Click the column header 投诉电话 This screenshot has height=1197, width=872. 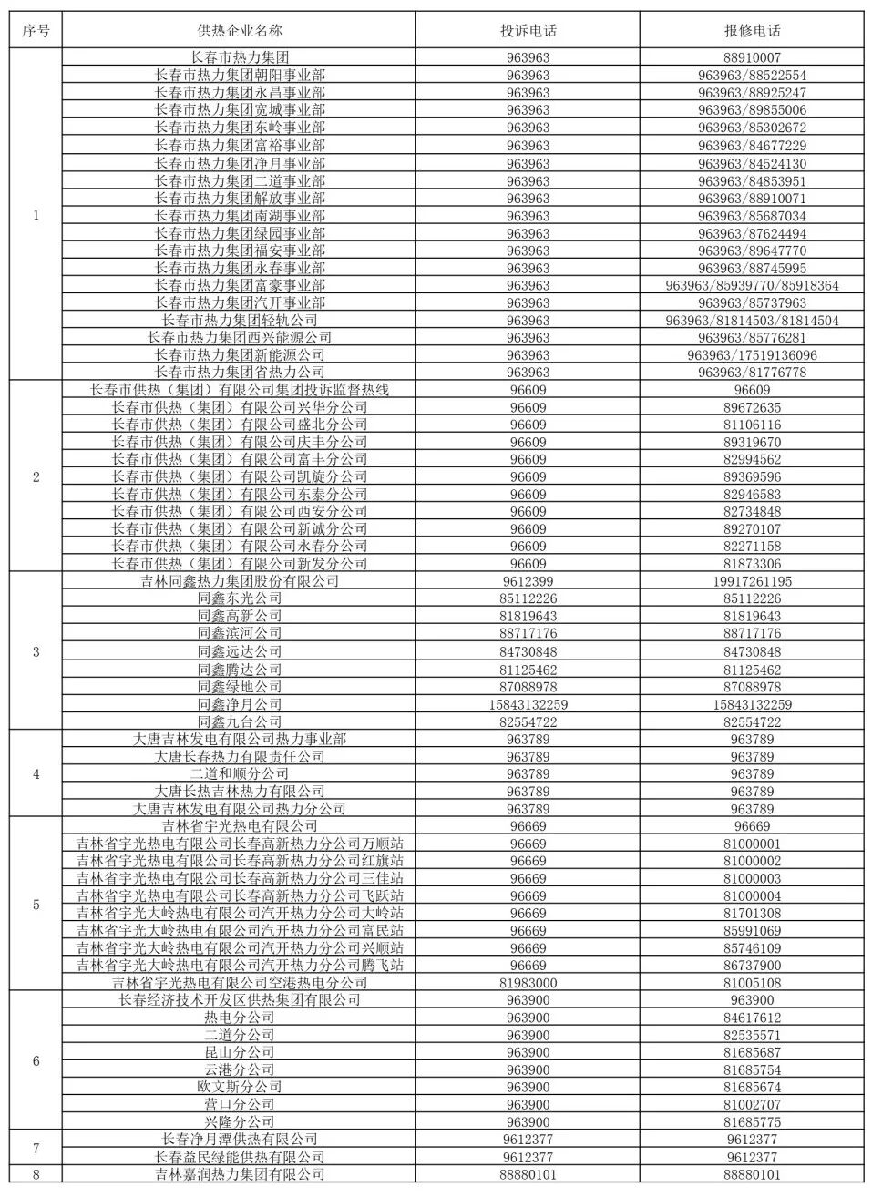click(x=528, y=30)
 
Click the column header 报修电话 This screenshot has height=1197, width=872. click(x=752, y=30)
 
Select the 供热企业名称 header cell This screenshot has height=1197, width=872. click(x=240, y=30)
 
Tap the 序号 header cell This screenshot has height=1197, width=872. click(x=36, y=30)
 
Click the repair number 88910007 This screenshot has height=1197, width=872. click(x=752, y=57)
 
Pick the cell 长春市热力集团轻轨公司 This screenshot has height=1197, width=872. click(x=240, y=320)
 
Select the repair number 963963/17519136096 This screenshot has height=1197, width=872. click(x=752, y=355)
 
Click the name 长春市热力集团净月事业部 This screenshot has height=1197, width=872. click(x=240, y=163)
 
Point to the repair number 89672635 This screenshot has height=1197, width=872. click(x=752, y=407)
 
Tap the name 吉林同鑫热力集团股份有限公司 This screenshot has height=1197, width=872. click(x=240, y=581)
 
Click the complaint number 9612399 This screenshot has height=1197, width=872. click(x=528, y=581)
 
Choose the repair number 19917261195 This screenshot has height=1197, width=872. click(x=752, y=581)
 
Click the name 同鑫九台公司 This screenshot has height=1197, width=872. click(x=240, y=721)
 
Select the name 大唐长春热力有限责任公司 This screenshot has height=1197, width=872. click(x=240, y=756)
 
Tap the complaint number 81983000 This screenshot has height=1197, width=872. click(x=528, y=983)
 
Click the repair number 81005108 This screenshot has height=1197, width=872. click(x=752, y=983)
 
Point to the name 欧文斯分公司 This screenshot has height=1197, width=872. click(x=240, y=1087)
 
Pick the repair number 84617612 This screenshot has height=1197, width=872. click(x=752, y=1018)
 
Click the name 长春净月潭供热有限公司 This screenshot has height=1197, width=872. click(x=240, y=1139)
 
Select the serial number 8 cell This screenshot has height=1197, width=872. click(x=36, y=1174)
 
